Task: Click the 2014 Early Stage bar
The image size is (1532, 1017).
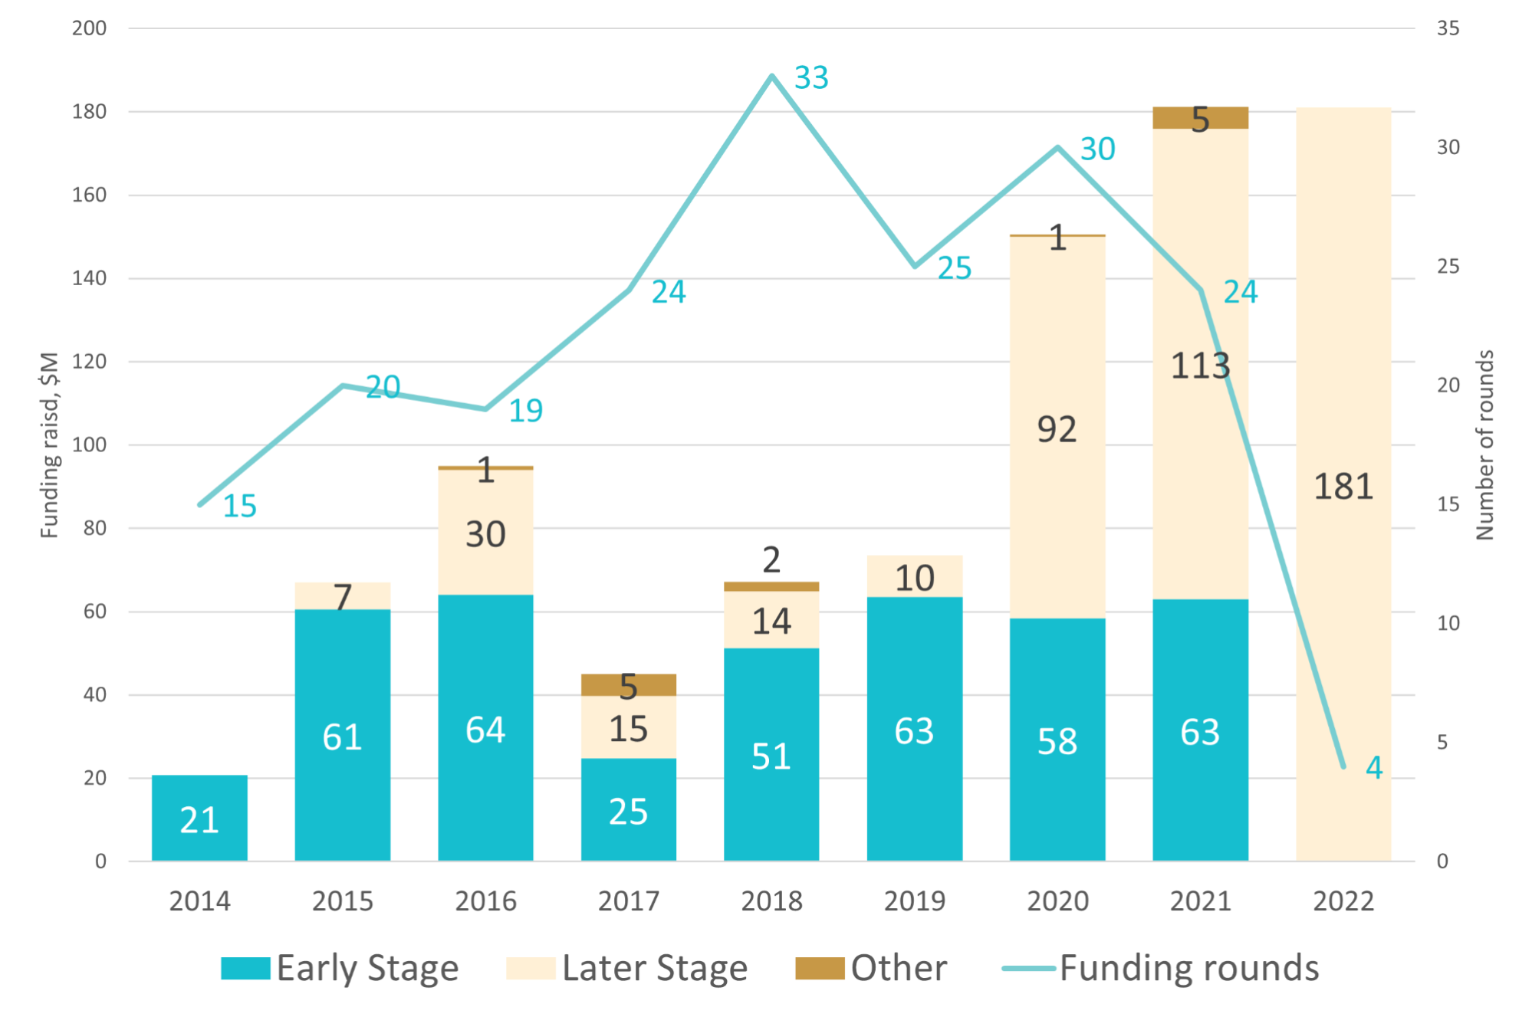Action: (199, 818)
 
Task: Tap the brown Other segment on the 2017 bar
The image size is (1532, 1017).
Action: (629, 684)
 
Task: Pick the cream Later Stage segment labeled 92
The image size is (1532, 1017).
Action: (1057, 428)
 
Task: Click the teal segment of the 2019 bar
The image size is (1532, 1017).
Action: (914, 728)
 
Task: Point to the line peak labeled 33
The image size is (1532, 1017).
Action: (772, 75)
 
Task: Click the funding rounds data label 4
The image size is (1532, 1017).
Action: (1374, 767)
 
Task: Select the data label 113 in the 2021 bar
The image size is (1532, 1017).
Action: (1200, 366)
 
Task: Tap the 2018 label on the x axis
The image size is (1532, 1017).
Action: (771, 901)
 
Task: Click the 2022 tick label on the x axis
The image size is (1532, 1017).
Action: (1343, 901)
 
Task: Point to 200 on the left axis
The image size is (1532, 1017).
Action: (89, 28)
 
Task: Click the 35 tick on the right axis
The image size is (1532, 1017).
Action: (1448, 28)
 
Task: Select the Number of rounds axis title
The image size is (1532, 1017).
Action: (1485, 445)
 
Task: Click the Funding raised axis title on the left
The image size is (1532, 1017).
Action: (49, 445)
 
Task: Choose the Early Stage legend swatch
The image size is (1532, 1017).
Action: (245, 969)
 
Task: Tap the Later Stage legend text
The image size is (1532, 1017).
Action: (654, 969)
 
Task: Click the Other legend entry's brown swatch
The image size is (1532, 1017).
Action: (819, 969)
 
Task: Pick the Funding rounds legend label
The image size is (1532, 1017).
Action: (1189, 969)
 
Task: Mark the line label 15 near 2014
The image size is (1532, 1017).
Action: (239, 507)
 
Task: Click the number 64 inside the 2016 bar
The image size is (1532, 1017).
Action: (485, 730)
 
